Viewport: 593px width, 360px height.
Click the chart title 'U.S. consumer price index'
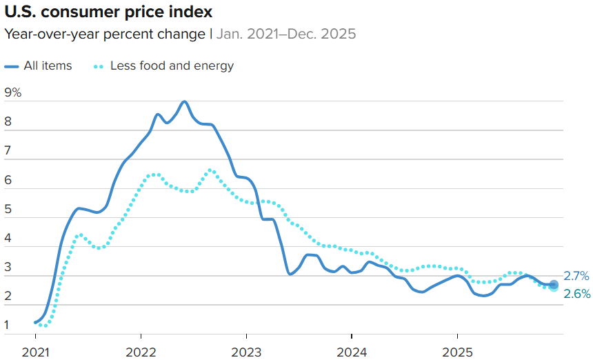coord(108,12)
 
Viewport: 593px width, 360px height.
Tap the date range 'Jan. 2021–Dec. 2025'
coord(287,34)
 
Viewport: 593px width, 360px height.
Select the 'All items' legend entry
coord(48,66)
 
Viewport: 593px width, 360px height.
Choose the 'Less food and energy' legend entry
coord(172,66)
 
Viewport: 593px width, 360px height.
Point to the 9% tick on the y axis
coord(13,92)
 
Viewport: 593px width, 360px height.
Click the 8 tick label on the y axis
coord(8,122)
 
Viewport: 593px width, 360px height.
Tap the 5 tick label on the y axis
coord(8,210)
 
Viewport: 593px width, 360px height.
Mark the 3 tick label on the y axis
coord(8,268)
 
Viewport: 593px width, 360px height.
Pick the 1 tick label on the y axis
coord(8,325)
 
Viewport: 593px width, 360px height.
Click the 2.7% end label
coord(576,276)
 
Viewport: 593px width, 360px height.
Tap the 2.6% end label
coord(576,294)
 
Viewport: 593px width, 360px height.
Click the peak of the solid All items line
coord(184,101)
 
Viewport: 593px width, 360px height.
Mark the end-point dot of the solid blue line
coord(553,284)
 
